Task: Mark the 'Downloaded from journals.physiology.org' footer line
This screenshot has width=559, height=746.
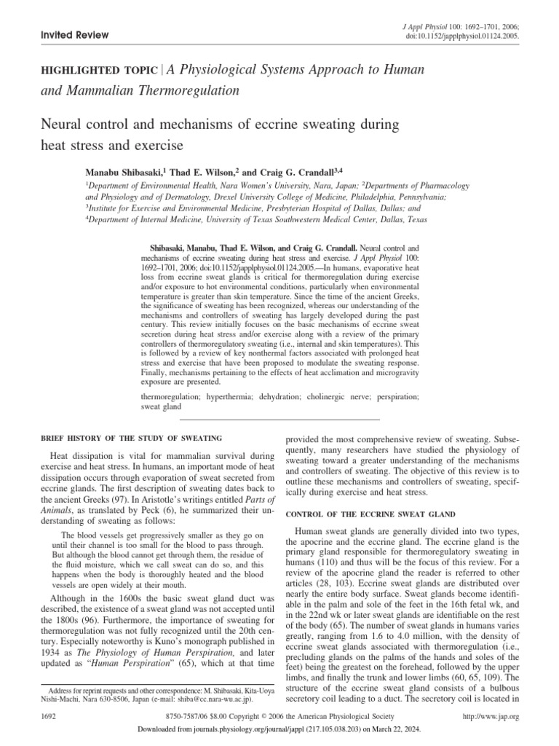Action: [279, 734]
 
